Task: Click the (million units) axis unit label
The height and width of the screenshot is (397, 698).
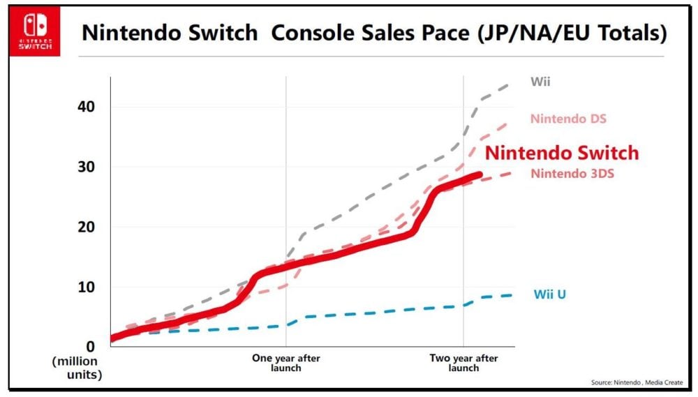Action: [76, 368]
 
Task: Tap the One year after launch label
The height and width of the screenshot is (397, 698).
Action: [285, 363]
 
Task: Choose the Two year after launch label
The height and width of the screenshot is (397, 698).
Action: [463, 363]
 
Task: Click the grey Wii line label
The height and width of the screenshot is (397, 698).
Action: [540, 82]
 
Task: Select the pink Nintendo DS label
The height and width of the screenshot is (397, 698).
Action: [568, 119]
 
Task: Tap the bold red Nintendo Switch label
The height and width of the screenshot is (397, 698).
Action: [562, 153]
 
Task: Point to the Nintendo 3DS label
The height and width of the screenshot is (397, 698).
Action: [572, 174]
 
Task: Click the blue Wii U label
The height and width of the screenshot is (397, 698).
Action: [550, 294]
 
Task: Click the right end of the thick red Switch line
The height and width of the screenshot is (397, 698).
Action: [480, 175]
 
